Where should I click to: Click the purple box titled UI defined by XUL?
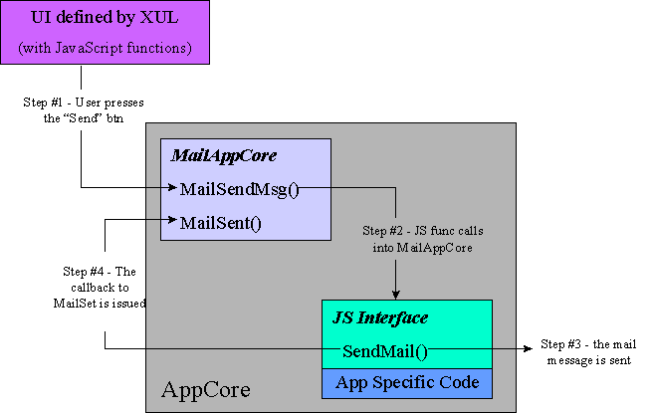[x=105, y=33]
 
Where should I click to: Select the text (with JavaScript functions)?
[x=105, y=47]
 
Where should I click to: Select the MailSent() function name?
[x=220, y=222]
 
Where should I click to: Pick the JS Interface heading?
[x=380, y=317]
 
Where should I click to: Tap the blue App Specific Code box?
[x=407, y=383]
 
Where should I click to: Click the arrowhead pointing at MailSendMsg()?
[x=173, y=188]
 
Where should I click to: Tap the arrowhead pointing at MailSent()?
[x=173, y=222]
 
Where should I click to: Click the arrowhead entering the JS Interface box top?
[x=396, y=295]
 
